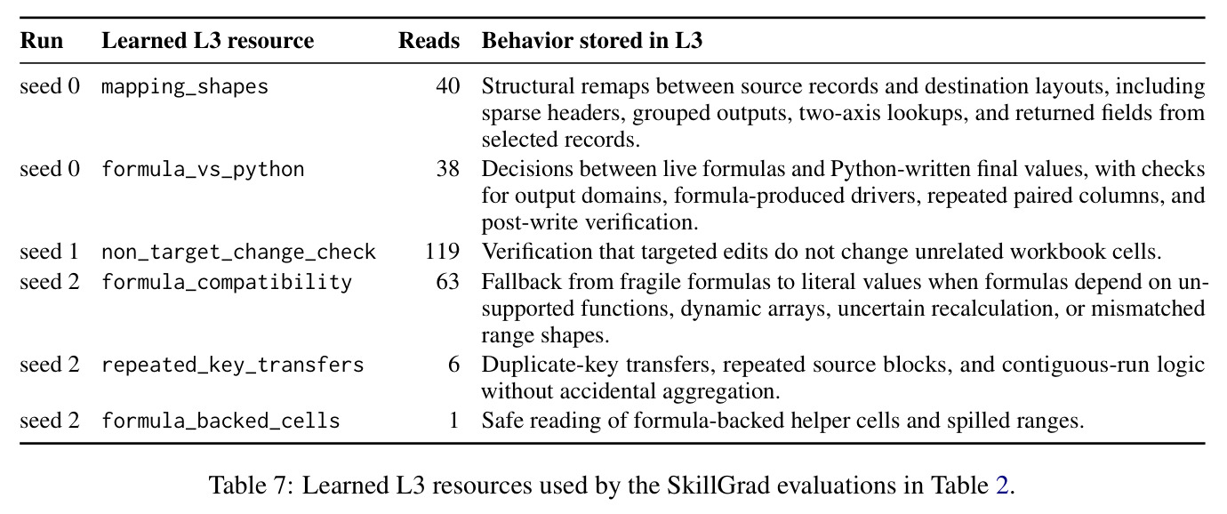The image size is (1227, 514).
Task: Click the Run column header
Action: [x=42, y=41]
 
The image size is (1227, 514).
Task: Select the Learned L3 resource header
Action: [x=207, y=41]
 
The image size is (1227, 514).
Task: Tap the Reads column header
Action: [x=429, y=41]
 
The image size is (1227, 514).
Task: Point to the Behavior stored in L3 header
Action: [x=592, y=41]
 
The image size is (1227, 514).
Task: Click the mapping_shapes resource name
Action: [x=185, y=86]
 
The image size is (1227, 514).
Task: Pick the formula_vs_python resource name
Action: [x=204, y=169]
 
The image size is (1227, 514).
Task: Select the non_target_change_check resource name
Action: [x=239, y=252]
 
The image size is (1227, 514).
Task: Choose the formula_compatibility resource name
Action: [x=227, y=282]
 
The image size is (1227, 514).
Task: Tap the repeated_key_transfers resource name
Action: [x=233, y=365]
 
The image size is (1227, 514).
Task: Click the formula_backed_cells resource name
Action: [x=221, y=421]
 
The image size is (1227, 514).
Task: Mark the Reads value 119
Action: [x=443, y=252]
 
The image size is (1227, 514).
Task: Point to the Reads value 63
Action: [x=448, y=282]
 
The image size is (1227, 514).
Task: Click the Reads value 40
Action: [x=448, y=86]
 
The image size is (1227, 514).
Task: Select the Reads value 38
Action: [x=448, y=169]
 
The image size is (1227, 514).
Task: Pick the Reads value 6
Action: [x=454, y=365]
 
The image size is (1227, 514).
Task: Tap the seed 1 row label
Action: [x=50, y=252]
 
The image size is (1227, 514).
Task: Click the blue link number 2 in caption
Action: [x=1002, y=486]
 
